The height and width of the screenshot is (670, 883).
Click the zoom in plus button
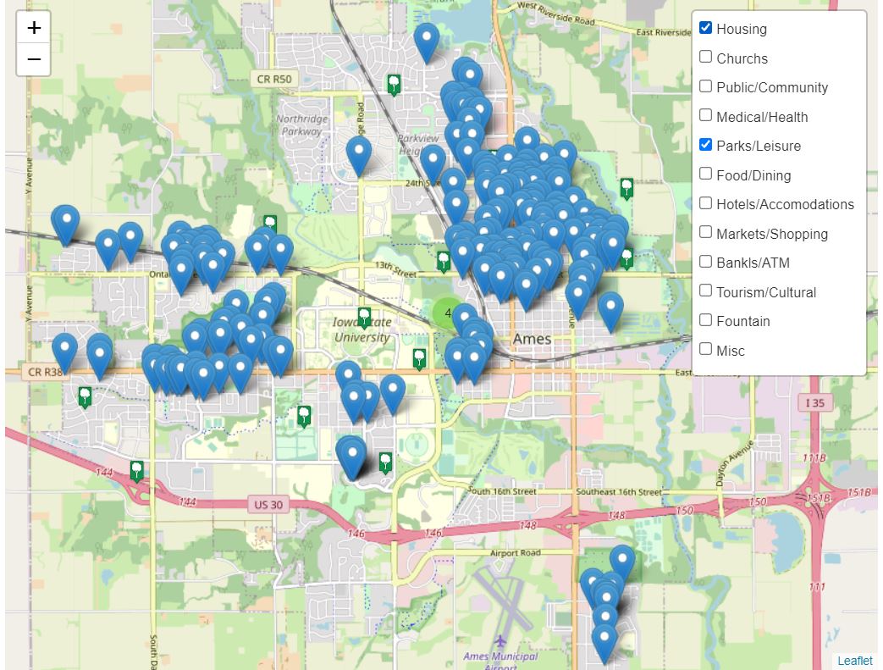coord(34,28)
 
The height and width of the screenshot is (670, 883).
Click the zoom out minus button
coord(34,59)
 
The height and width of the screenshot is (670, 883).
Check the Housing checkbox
coord(705,28)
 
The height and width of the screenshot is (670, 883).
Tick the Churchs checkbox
coord(705,58)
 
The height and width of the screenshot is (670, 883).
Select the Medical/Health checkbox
coord(705,116)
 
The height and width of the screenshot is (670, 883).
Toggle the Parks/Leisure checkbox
coord(705,145)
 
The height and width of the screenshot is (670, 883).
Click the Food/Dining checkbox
coord(705,174)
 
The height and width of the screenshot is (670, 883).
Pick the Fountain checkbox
coord(705,320)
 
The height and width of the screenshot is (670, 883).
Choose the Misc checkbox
coord(705,349)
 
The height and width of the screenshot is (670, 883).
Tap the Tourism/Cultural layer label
coord(766,292)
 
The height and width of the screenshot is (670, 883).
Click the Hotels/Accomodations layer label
coord(785,204)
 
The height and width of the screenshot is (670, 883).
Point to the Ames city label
coord(532,339)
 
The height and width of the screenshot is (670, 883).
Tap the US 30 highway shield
coord(269,505)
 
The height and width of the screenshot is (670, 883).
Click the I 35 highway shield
coord(814,402)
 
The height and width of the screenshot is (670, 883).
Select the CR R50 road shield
coord(274,80)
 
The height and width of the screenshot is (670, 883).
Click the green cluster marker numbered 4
coord(447,313)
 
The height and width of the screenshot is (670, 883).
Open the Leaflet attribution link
coord(854,661)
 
